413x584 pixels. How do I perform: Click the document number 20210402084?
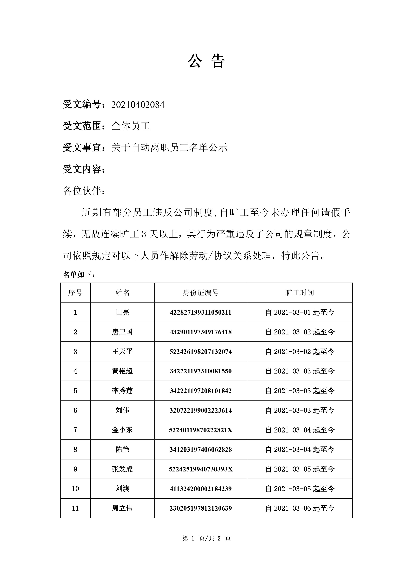(x=138, y=105)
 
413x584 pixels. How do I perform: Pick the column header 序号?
(x=75, y=293)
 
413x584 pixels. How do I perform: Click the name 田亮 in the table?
(x=122, y=312)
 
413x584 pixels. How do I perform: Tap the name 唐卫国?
(x=122, y=332)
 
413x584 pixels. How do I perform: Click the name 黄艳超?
(x=122, y=371)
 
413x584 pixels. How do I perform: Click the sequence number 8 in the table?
(x=75, y=450)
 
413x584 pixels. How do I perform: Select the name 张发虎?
(x=122, y=469)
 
